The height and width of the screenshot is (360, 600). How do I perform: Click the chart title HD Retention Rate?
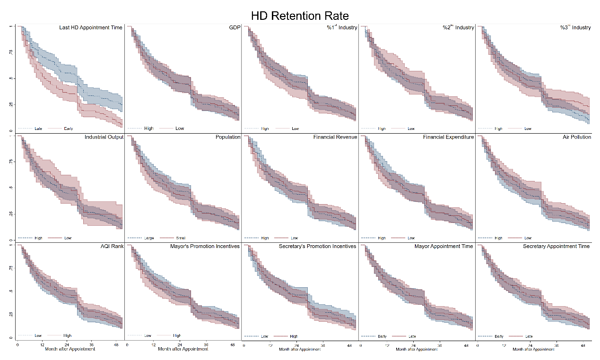(300, 16)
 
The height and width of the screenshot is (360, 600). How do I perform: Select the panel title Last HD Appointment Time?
(91, 27)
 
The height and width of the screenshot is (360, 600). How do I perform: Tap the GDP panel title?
(235, 27)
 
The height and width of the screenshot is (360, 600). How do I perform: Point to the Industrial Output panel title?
(104, 137)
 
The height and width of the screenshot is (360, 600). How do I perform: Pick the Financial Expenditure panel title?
(448, 137)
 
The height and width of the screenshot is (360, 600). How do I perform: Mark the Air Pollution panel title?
(575, 137)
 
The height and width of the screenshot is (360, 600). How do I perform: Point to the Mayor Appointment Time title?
(444, 246)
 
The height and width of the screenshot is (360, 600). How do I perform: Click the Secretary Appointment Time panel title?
(556, 246)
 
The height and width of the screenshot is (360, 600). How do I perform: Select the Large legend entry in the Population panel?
(149, 238)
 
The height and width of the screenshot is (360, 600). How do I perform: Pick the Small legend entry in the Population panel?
(180, 238)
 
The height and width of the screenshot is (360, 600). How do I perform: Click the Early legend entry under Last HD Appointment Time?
(68, 129)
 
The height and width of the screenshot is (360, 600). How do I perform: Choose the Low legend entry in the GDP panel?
(180, 129)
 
